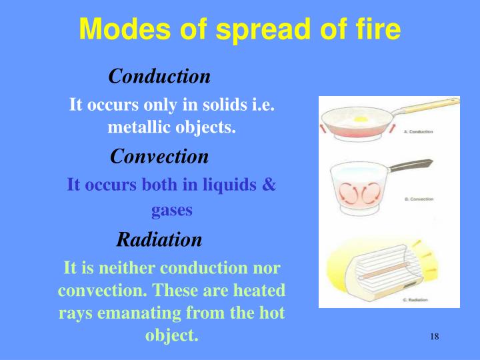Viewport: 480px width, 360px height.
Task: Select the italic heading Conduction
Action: (x=159, y=76)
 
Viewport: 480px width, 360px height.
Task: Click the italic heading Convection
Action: (x=159, y=157)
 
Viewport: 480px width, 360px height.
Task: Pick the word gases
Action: (x=171, y=210)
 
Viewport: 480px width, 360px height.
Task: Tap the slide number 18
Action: (x=434, y=337)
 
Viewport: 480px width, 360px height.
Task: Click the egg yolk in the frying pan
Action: (x=363, y=120)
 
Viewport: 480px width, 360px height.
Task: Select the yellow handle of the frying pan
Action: (x=427, y=107)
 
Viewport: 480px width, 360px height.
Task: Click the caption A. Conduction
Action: (x=418, y=132)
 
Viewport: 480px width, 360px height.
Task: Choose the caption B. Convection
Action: (x=419, y=199)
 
